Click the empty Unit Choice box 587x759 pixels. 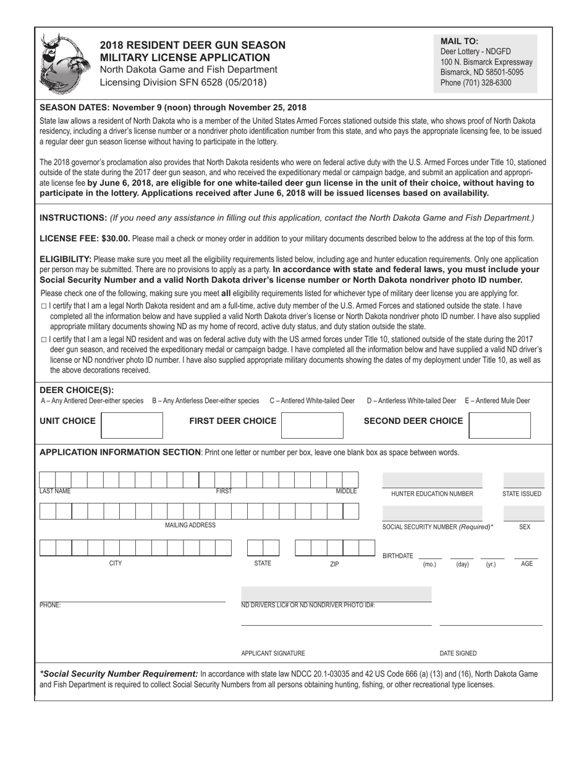[x=131, y=425]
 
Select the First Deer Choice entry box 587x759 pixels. [x=312, y=425]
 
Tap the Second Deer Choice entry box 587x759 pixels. [x=499, y=425]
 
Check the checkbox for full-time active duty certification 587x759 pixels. [x=43, y=306]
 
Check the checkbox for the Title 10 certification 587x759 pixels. [x=43, y=339]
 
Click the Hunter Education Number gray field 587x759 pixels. [x=432, y=480]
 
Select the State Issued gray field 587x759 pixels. [x=523, y=480]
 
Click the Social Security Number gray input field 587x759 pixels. [x=432, y=513]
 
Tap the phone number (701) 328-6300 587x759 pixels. [x=476, y=83]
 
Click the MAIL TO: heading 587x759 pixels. [x=459, y=41]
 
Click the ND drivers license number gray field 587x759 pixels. [x=336, y=594]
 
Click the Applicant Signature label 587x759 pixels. [x=272, y=653]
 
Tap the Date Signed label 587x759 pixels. [x=458, y=653]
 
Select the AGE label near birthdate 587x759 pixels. [x=526, y=564]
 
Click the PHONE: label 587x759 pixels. [x=50, y=605]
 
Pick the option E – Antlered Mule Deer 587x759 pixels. [x=497, y=400]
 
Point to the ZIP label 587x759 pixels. [x=334, y=564]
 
